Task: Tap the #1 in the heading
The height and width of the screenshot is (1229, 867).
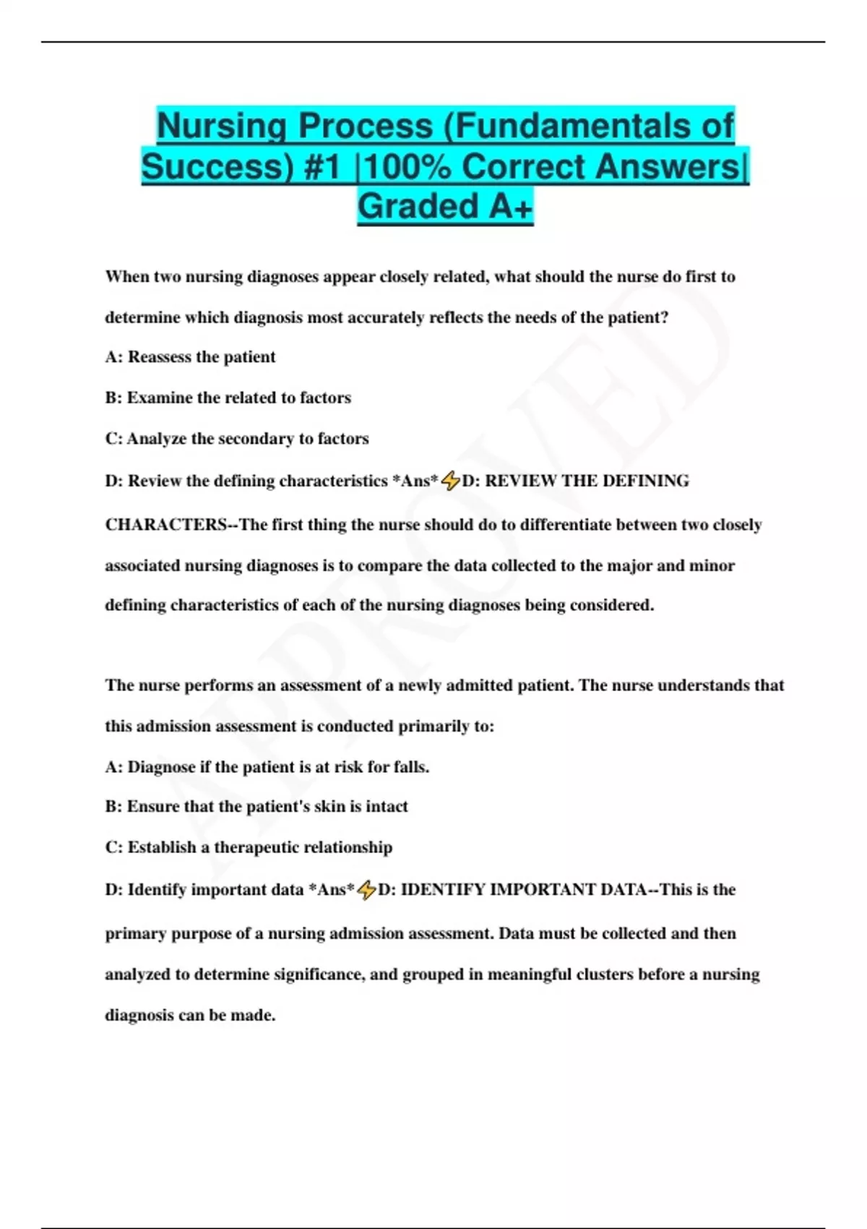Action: pos(322,166)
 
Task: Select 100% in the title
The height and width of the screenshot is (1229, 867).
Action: pos(408,166)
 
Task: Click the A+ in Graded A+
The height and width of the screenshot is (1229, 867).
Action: pos(511,207)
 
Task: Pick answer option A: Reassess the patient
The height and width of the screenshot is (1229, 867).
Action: pos(190,357)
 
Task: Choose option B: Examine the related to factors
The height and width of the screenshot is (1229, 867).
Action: pos(228,398)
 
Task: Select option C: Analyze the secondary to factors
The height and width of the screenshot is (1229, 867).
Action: pos(236,439)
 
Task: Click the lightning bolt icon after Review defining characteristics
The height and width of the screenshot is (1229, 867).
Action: pos(450,481)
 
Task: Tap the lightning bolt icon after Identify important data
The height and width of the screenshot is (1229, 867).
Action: pos(366,890)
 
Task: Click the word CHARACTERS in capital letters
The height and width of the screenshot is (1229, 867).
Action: pos(166,525)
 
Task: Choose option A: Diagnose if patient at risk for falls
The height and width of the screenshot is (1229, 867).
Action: pos(267,767)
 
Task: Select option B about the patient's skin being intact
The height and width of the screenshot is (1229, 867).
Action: pos(256,807)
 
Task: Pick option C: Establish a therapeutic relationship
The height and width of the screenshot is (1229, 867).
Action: pos(249,847)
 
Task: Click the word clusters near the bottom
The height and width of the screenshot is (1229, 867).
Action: pos(604,975)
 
